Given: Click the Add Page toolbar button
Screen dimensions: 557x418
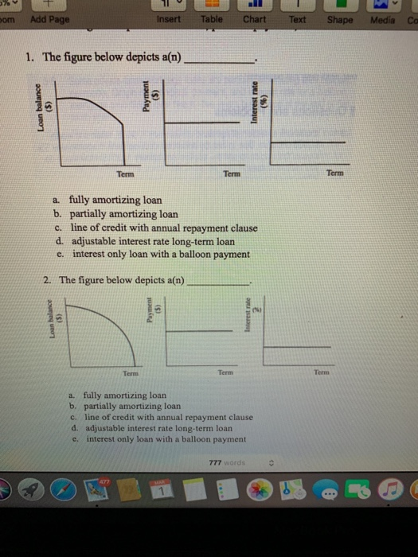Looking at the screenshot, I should coord(50,19).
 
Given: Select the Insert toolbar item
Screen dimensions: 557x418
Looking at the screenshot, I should coord(169,19).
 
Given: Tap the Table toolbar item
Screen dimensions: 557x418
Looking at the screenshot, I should coord(212,19).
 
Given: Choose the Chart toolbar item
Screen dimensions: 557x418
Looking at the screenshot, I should coord(254,19).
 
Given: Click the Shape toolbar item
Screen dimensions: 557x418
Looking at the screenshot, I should coord(339,19).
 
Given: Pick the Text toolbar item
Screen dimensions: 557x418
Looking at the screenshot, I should coord(298,19).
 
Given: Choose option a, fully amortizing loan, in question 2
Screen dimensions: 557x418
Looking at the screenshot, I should coord(119,395).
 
